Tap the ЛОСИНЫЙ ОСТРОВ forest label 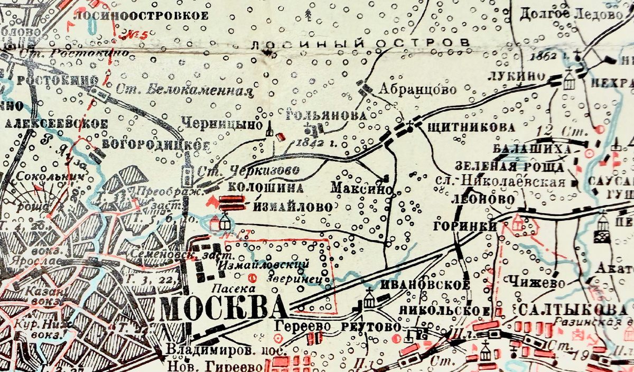pos(360,43)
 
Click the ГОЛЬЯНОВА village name pos(325,115)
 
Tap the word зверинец pos(290,275)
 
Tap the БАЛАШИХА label pos(532,149)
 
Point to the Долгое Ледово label pos(571,14)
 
